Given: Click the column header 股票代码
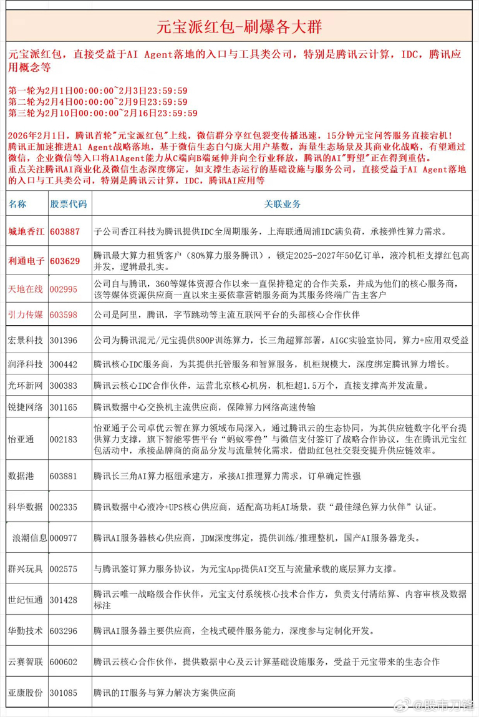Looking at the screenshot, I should tap(68, 204).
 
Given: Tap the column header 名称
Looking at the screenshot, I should tap(18, 204).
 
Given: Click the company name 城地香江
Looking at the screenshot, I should tap(26, 232).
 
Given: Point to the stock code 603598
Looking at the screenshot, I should tap(65, 315).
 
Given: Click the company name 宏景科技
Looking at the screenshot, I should tap(26, 340).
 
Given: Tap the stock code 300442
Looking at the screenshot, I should tap(65, 364).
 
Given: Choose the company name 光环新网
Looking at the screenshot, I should tap(26, 386).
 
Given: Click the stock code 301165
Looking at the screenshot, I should tap(65, 407).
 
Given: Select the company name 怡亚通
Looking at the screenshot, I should tap(21, 439).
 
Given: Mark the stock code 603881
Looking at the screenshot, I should tap(65, 476).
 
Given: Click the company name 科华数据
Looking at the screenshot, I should tap(26, 506).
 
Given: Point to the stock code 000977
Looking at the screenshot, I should tap(67, 538).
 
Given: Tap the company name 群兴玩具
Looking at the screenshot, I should tap(26, 570).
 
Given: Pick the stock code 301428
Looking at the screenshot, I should tap(65, 600).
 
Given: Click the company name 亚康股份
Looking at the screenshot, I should tap(26, 693).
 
